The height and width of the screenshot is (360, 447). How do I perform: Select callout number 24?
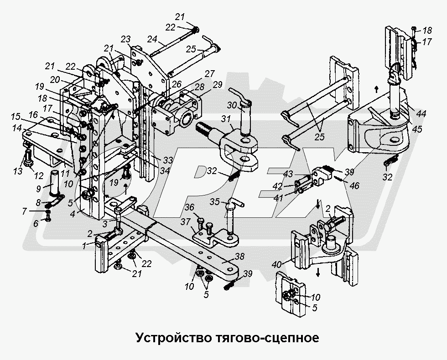tap(152, 40)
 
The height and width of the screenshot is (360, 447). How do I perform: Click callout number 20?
tap(55, 79)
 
